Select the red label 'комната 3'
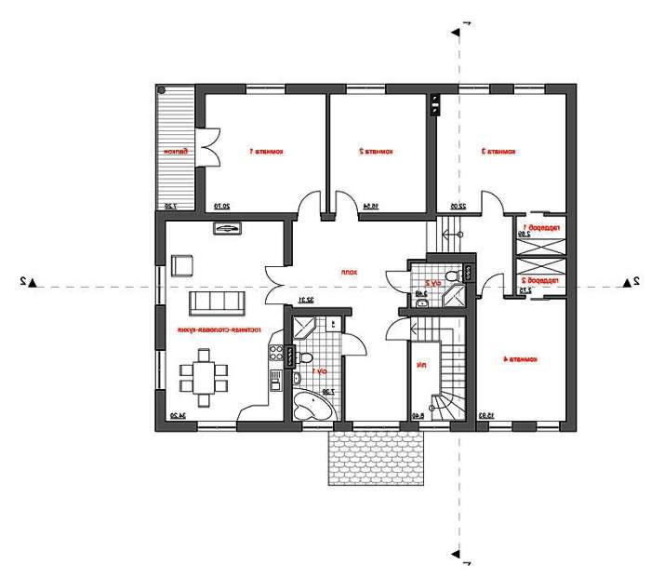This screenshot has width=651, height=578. [x=498, y=151]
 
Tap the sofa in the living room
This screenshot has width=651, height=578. [x=217, y=304]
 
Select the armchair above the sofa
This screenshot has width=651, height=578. [x=182, y=265]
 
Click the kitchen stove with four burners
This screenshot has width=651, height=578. [x=275, y=352]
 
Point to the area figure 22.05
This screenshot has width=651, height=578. [x=458, y=207]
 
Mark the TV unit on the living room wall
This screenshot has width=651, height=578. [x=226, y=228]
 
